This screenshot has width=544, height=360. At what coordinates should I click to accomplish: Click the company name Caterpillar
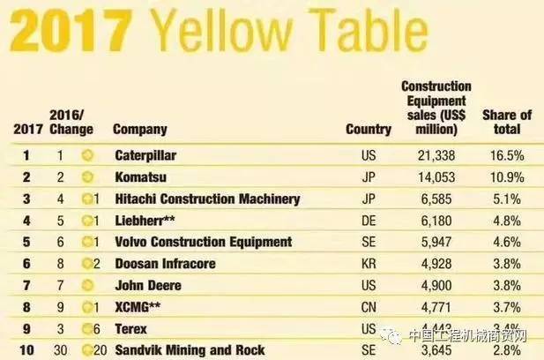click(x=145, y=155)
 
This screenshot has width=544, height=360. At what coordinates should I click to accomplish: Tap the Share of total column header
click(x=507, y=122)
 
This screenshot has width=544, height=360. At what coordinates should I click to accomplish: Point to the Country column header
click(x=369, y=129)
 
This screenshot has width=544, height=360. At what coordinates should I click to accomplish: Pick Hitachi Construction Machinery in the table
click(x=207, y=199)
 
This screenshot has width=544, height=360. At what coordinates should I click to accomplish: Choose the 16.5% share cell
click(x=507, y=155)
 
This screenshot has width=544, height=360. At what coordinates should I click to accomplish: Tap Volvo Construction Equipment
click(x=204, y=242)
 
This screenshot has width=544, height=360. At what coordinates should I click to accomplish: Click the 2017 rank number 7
click(x=26, y=285)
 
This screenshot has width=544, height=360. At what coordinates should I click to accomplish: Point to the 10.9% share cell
click(x=507, y=177)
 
